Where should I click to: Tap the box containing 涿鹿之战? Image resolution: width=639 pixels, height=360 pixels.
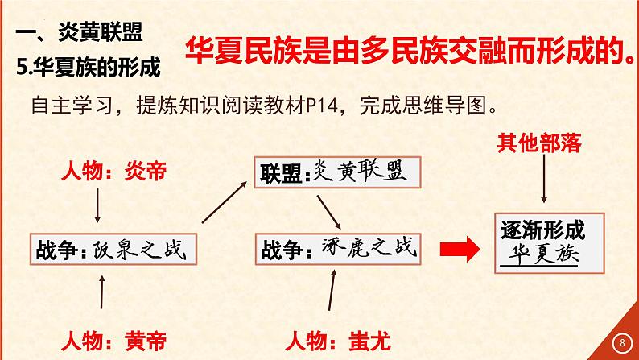[336, 249]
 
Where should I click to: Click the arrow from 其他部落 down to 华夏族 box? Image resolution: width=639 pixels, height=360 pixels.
[546, 184]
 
